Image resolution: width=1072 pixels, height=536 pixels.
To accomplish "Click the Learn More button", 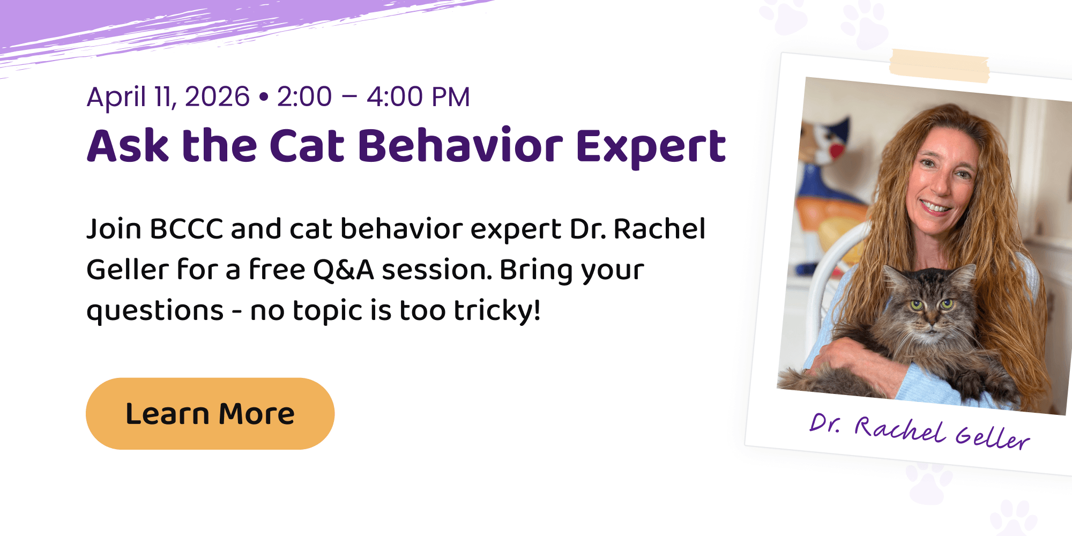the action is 210,413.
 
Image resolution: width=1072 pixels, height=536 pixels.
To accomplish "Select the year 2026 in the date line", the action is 217,97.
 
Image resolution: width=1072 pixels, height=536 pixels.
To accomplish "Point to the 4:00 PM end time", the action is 418,97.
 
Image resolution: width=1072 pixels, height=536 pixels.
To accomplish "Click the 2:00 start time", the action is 304,97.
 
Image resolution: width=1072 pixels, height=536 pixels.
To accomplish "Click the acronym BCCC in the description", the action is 187,229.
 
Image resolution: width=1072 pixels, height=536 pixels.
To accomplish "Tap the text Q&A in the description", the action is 344,270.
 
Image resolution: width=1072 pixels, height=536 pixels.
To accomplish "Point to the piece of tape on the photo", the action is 939,65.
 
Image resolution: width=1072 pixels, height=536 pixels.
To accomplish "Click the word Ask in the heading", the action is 128,145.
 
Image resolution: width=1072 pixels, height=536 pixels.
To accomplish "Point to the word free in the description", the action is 277,270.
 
